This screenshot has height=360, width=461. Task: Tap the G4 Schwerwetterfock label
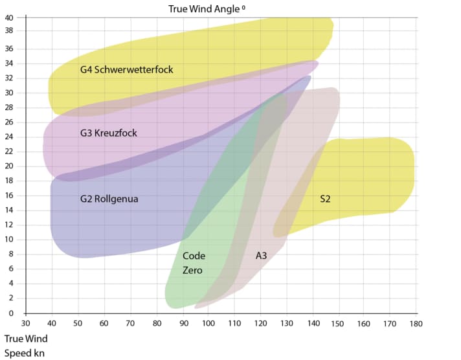tap(126, 69)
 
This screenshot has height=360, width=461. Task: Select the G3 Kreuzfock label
tap(108, 133)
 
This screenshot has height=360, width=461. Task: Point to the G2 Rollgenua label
tap(109, 199)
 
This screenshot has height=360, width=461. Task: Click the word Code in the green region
tap(194, 256)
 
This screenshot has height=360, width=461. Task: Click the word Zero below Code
tap(192, 270)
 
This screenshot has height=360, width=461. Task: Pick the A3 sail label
tap(262, 256)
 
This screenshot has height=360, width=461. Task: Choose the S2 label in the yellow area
tap(325, 199)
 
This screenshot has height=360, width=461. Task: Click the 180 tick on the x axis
tap(415, 323)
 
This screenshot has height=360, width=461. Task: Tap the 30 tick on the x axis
tap(26, 323)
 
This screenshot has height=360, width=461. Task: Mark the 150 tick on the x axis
tap(337, 323)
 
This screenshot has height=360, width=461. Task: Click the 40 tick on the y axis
tap(9, 17)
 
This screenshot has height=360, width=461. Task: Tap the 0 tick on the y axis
tap(11, 313)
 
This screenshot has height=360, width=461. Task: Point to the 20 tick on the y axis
tap(9, 166)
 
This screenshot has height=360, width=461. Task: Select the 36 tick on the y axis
tap(9, 49)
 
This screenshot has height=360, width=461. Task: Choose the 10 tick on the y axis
tap(9, 240)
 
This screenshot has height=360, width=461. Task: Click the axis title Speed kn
tap(25, 353)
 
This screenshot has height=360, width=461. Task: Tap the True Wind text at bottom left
tap(26, 339)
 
